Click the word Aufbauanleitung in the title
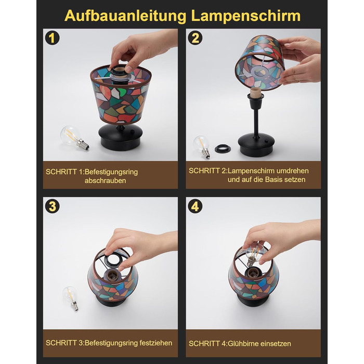(125, 16)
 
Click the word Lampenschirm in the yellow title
(246, 16)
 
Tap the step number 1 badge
(52, 38)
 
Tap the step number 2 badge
(195, 38)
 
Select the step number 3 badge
(52, 206)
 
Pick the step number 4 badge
(195, 206)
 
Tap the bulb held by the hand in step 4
(254, 255)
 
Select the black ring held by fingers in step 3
(115, 260)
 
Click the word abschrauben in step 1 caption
(106, 180)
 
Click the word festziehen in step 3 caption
(156, 343)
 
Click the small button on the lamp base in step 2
(267, 141)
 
